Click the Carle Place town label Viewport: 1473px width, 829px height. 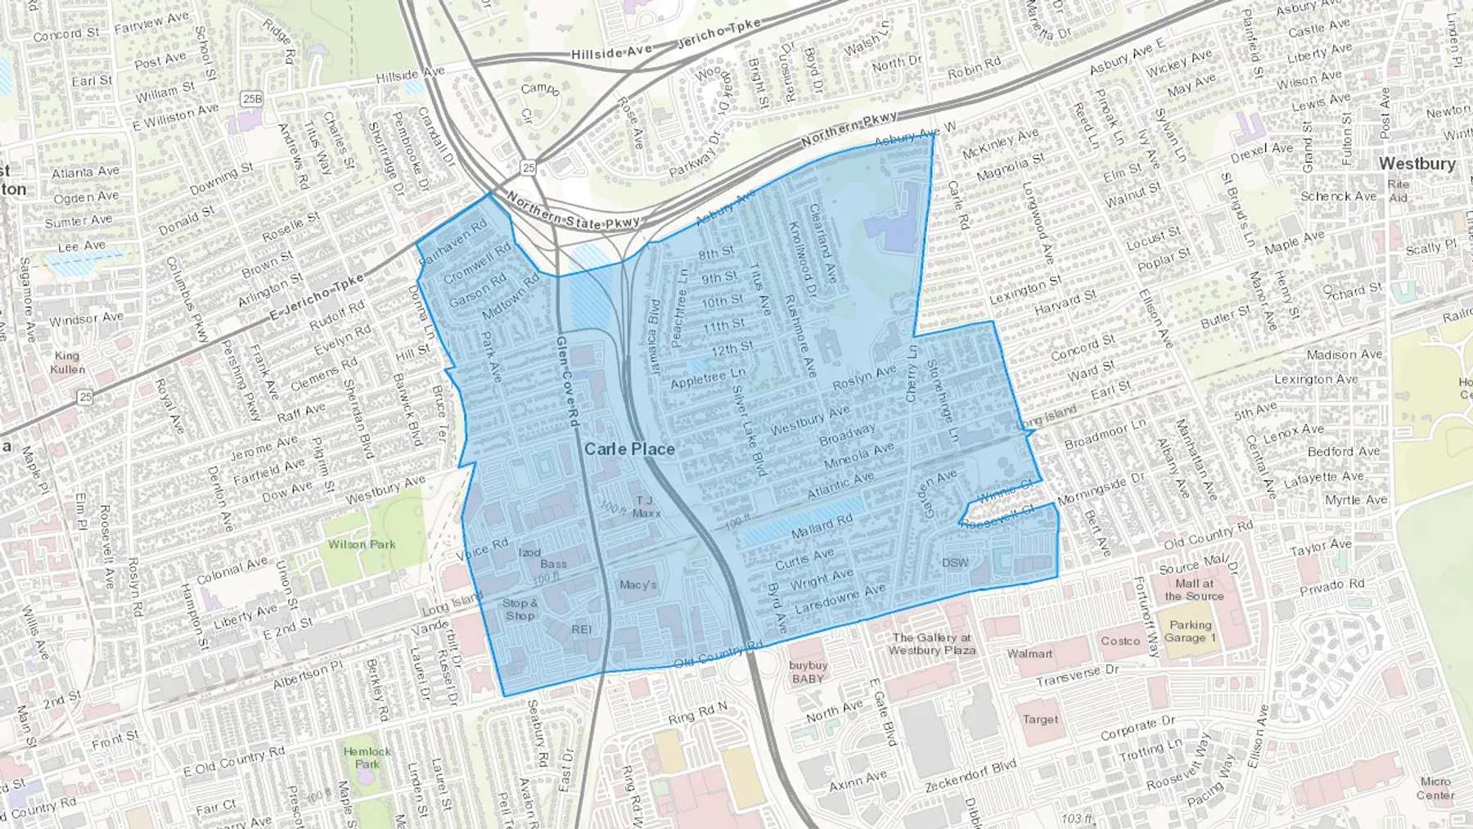tap(629, 448)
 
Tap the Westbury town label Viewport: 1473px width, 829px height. tap(1417, 164)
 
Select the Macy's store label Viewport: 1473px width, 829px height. tap(637, 584)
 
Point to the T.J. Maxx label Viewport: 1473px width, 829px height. tap(645, 507)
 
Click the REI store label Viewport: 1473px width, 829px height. tap(581, 629)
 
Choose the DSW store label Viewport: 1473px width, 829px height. tap(954, 562)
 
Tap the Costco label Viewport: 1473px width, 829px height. tap(1119, 641)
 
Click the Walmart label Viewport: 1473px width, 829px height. tap(1029, 653)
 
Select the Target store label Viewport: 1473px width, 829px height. tap(1039, 719)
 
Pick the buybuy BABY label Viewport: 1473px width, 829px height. tap(807, 672)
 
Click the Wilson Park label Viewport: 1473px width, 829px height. tap(362, 544)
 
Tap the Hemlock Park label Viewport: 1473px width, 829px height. tap(367, 757)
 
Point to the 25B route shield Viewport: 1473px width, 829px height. tap(252, 99)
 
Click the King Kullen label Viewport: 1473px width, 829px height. tap(67, 362)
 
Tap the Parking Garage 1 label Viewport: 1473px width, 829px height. tap(1190, 631)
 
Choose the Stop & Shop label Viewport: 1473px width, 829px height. tap(520, 609)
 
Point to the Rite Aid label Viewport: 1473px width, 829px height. tap(1398, 191)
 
